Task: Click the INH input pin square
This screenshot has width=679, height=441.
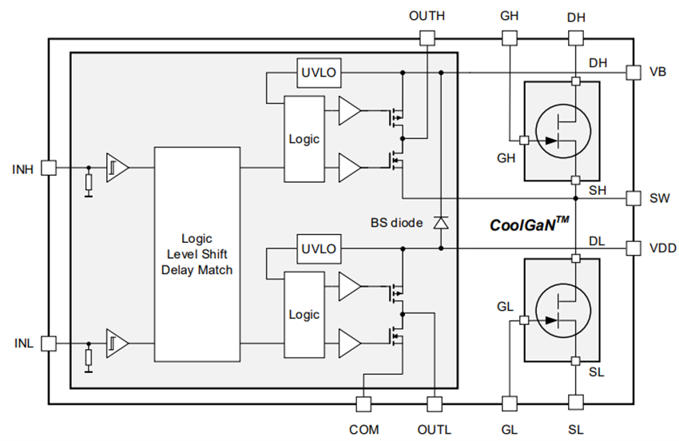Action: (x=49, y=168)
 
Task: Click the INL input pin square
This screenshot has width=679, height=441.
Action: (x=49, y=343)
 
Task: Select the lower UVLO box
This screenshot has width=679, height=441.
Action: (x=318, y=248)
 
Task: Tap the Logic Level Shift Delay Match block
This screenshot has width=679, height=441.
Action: (x=197, y=255)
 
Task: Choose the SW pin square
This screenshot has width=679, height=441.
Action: (x=633, y=197)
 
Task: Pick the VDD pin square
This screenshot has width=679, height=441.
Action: (x=633, y=248)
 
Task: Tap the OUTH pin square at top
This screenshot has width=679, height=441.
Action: (x=427, y=38)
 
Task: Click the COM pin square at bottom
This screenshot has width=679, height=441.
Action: (x=363, y=403)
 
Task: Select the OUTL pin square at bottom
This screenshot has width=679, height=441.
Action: (x=434, y=403)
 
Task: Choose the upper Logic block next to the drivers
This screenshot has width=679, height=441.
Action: (x=304, y=138)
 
